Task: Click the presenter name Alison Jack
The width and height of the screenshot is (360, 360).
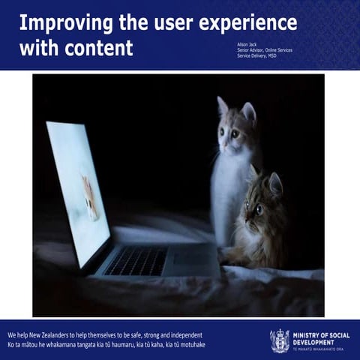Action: pos(247,44)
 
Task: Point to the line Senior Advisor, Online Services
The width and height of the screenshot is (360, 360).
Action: pos(265,50)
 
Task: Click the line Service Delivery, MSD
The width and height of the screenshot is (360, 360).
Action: pos(256,55)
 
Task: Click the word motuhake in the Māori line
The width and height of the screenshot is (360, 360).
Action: pos(190,344)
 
